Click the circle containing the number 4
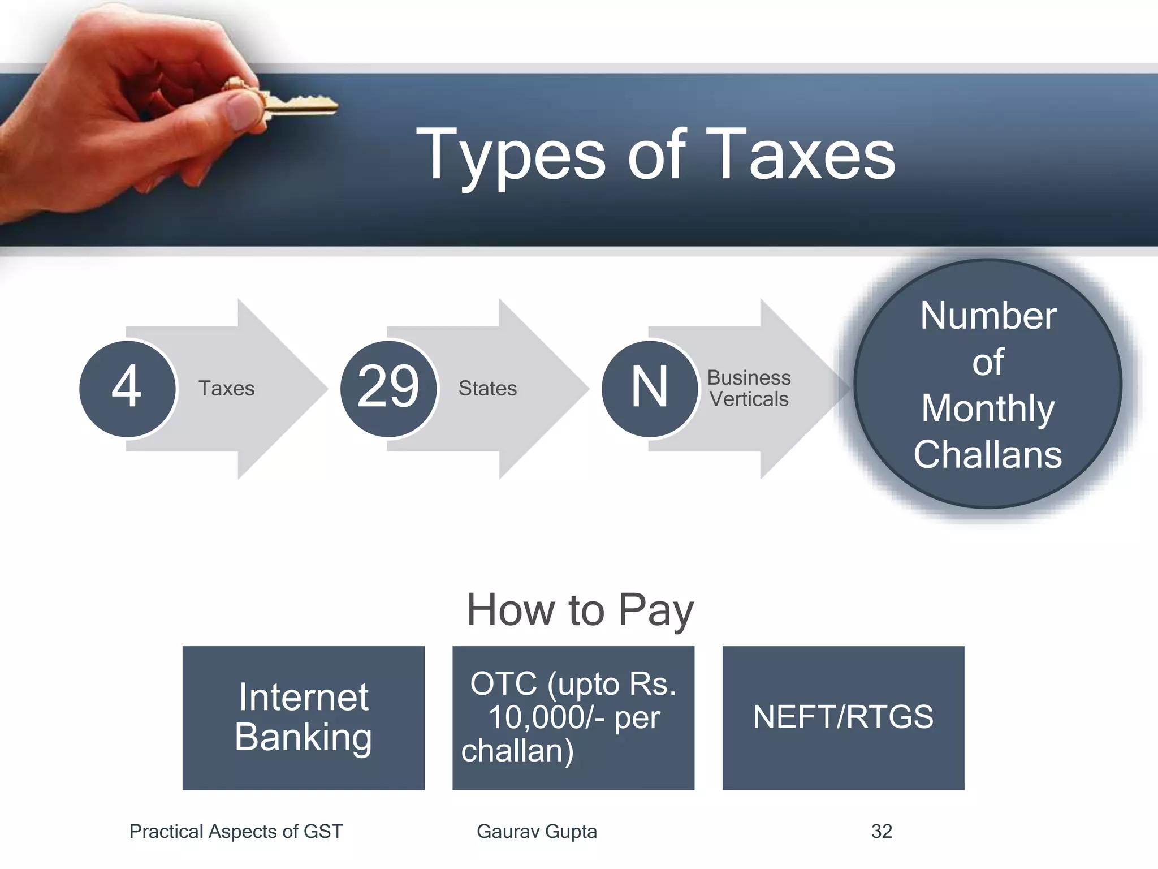[x=127, y=388]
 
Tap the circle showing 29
[x=388, y=388]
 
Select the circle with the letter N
[x=650, y=388]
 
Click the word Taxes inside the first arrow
[x=226, y=389]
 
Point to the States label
[x=487, y=389]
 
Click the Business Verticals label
[x=749, y=388]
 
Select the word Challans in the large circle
[x=988, y=454]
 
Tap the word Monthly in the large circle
[x=988, y=408]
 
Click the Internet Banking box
[x=303, y=717]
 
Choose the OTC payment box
[x=573, y=717]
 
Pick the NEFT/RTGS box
[x=843, y=717]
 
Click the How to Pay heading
[x=580, y=610]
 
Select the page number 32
[x=882, y=831]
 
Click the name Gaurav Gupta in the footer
[x=537, y=831]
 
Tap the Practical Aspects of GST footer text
[x=236, y=831]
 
